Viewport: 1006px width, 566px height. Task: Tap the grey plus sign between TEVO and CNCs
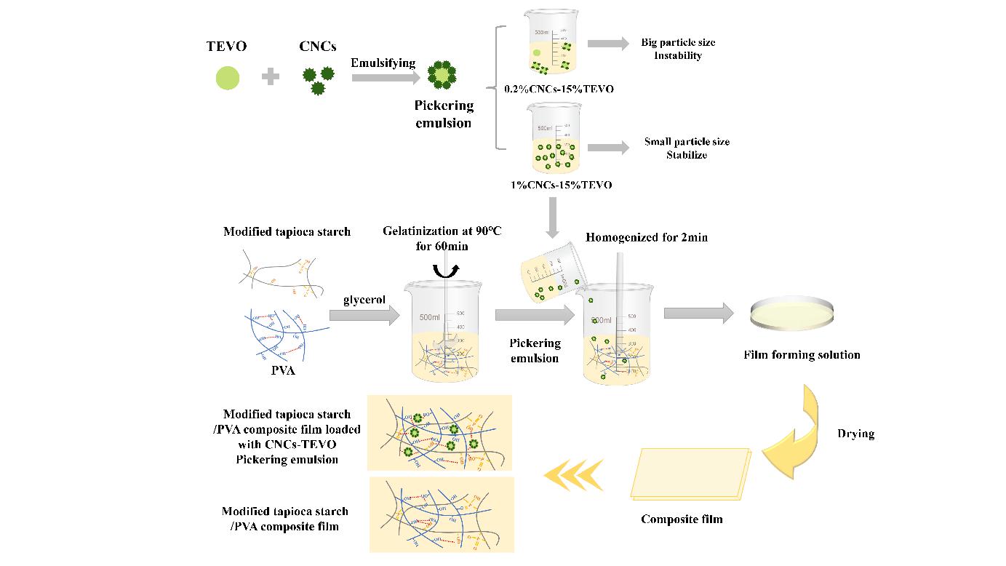[271, 77]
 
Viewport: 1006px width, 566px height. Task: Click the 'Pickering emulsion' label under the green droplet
[444, 113]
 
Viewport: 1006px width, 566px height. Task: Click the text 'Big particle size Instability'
[678, 49]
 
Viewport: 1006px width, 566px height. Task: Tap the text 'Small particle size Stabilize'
[687, 148]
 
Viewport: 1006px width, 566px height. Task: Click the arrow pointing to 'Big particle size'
[607, 44]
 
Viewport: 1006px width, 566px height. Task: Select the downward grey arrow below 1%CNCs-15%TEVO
[552, 218]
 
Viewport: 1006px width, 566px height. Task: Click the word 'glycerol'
[363, 300]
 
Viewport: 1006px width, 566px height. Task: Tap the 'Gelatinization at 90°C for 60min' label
[442, 238]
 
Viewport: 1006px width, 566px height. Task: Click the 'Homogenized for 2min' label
[647, 237]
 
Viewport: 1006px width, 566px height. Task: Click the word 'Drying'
[855, 434]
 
